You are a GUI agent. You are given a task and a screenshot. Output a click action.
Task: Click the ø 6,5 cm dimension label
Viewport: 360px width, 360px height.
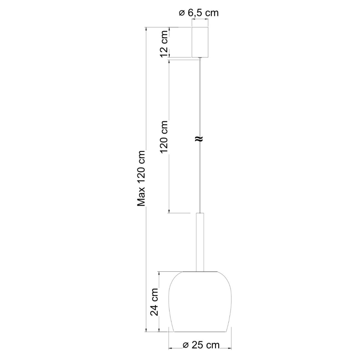[199, 13]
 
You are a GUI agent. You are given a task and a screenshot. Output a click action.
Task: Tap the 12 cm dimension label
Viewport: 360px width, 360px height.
[165, 44]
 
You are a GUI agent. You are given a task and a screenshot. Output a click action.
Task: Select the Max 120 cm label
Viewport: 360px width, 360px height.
[141, 178]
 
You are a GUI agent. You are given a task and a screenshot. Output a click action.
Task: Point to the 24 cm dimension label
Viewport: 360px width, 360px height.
[154, 302]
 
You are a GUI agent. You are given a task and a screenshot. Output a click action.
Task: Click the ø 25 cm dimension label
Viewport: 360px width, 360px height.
[201, 345]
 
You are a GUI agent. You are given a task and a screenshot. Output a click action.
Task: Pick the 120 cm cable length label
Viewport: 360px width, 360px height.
[165, 137]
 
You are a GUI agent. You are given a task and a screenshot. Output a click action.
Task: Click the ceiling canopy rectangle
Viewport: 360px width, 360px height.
[200, 42]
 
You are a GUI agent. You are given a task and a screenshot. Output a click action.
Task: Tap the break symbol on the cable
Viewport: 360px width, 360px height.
[199, 139]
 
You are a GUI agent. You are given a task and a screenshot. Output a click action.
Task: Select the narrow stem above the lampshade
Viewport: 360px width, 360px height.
[200, 242]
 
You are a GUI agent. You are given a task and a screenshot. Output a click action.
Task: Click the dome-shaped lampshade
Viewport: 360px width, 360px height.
[200, 302]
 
